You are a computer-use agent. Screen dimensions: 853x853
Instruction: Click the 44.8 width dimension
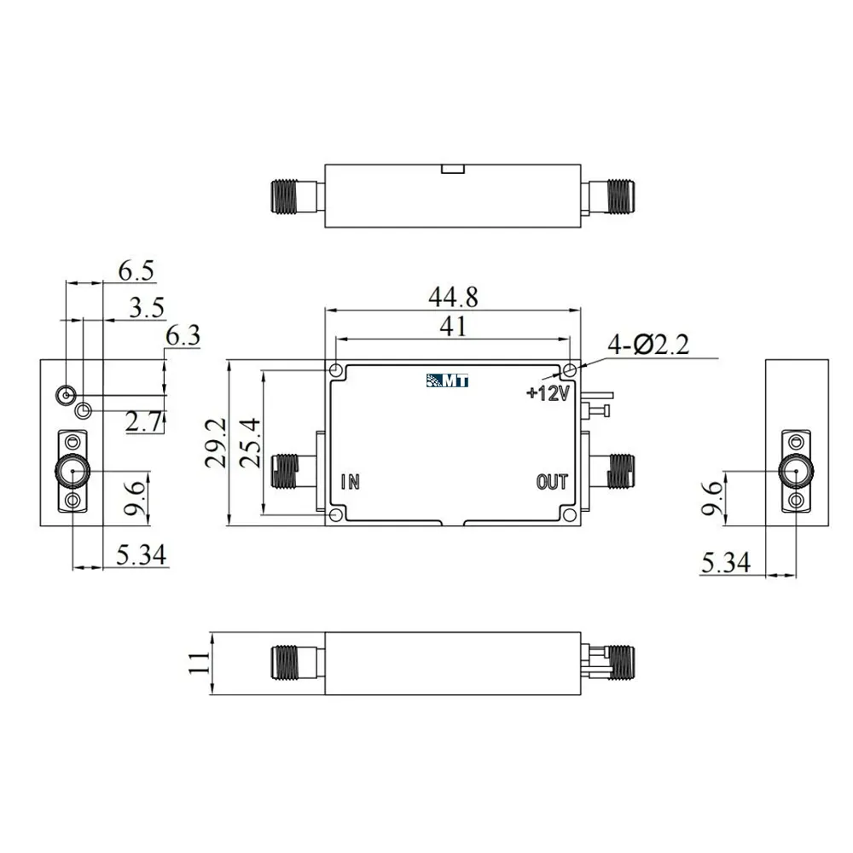[x=453, y=297]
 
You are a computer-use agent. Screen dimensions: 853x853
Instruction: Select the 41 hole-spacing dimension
[x=453, y=326]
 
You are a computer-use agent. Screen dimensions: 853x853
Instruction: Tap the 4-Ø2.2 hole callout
[x=648, y=345]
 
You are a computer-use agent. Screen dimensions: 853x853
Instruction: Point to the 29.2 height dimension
[x=216, y=443]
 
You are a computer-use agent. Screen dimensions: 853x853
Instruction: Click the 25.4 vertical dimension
[x=250, y=444]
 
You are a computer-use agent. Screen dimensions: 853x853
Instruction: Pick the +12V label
[x=548, y=392]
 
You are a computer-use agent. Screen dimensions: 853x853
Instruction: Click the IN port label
[x=351, y=482]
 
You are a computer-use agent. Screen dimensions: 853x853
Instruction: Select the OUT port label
[x=552, y=482]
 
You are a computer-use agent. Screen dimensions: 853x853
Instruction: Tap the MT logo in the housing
[x=447, y=380]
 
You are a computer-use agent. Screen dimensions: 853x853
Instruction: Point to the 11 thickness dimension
[x=199, y=663]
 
